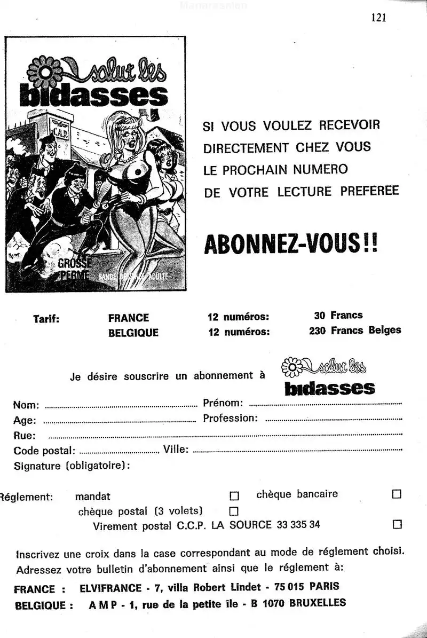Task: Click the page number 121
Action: click(378, 18)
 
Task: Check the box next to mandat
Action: click(234, 496)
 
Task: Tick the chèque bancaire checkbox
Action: click(397, 494)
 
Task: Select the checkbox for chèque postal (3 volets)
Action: click(233, 511)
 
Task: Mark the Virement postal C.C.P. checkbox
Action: click(397, 524)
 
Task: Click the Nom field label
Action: click(26, 404)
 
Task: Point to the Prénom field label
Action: click(223, 403)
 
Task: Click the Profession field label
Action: click(230, 418)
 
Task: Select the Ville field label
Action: click(176, 450)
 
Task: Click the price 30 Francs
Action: click(338, 316)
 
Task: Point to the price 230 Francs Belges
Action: click(355, 330)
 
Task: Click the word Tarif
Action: click(46, 319)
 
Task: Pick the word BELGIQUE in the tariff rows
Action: click(133, 333)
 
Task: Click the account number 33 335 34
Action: click(299, 524)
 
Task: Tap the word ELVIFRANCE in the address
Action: click(110, 589)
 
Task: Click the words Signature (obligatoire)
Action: click(72, 466)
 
